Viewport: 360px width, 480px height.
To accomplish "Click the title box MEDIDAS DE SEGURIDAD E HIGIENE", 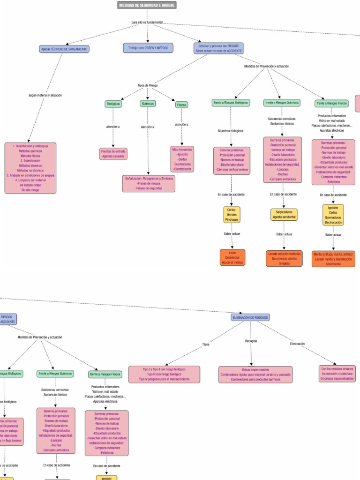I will (x=147, y=5).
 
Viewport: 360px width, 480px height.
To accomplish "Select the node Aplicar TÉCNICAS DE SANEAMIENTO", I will (x=64, y=49).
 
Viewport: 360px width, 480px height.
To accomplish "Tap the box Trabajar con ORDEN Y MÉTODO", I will (x=148, y=48).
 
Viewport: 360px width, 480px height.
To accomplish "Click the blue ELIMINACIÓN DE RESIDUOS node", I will (x=250, y=317).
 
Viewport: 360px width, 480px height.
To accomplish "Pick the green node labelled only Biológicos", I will (x=113, y=104).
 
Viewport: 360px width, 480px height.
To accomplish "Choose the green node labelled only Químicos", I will (x=148, y=104).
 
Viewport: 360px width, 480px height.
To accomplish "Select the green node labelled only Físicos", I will (x=181, y=105).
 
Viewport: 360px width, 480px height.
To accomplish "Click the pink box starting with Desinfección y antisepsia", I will (x=30, y=168).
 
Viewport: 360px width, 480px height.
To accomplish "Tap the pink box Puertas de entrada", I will (x=113, y=154).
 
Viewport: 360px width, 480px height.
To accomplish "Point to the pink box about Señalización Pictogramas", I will (x=149, y=183).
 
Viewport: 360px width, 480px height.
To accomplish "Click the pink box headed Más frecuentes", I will (x=182, y=159).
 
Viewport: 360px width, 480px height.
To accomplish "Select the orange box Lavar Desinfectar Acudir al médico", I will (x=232, y=258).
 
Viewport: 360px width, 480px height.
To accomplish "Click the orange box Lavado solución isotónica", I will (x=284, y=258).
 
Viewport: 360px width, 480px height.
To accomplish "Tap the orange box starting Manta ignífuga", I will (x=333, y=259).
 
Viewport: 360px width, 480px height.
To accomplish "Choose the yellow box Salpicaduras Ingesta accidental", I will (x=284, y=214).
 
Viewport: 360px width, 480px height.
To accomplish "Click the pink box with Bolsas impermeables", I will (x=255, y=375).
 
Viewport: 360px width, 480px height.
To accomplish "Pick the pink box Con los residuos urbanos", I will (x=337, y=373).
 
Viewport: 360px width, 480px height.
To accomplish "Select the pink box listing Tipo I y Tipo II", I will (x=164, y=374).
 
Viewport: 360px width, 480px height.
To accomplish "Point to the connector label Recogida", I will (x=251, y=341).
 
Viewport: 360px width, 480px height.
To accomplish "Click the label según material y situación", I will (x=45, y=95).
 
